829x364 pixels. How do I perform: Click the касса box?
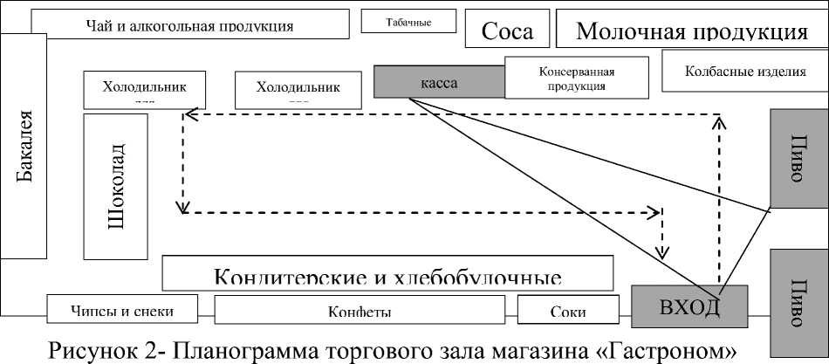(439, 82)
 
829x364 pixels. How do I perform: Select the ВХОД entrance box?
(689, 307)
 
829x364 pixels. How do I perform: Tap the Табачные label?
(409, 21)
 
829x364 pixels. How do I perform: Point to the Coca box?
(507, 32)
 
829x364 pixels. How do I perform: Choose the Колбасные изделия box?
(744, 71)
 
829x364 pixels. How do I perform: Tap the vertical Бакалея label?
(24, 147)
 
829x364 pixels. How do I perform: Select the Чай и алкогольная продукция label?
(189, 25)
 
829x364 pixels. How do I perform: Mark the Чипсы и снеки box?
(123, 310)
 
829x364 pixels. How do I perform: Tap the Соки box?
(568, 310)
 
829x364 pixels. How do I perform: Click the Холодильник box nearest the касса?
(298, 87)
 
